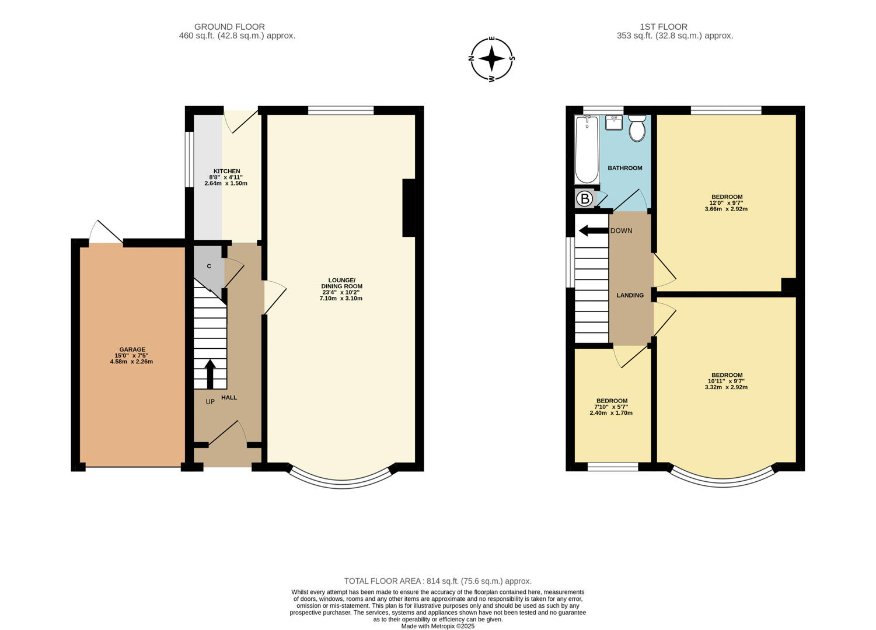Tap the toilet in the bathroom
(x=637, y=128)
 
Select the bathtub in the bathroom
(x=587, y=149)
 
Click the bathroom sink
(x=614, y=123)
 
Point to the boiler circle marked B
(x=585, y=199)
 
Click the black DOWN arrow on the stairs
(x=594, y=230)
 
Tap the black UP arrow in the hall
(x=210, y=374)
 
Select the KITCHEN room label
(x=226, y=171)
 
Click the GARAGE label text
(x=132, y=349)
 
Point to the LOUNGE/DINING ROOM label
(x=341, y=283)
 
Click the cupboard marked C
(x=209, y=266)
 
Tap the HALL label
(x=229, y=397)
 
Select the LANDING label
(x=630, y=295)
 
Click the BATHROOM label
(x=625, y=168)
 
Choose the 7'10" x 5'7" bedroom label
(x=612, y=407)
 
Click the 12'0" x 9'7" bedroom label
(x=727, y=203)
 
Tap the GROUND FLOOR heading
(x=229, y=27)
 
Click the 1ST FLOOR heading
(x=664, y=27)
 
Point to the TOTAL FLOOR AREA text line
(x=438, y=581)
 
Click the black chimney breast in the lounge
(x=409, y=208)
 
